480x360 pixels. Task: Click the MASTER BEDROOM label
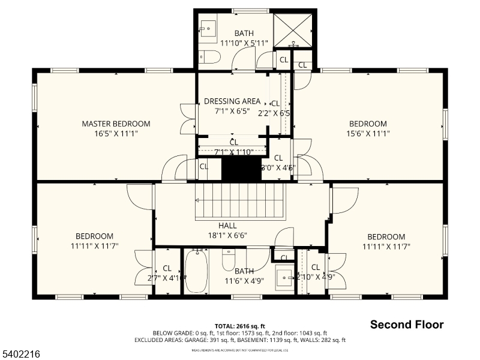tap(116, 124)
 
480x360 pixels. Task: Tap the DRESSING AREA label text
tap(232, 101)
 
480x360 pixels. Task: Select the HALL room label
tap(227, 226)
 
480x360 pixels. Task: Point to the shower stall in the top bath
tap(293, 29)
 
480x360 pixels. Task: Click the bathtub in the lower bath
tap(197, 271)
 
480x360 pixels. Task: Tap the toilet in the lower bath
tap(229, 260)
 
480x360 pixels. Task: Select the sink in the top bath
tap(208, 28)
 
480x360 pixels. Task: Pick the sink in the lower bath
tap(284, 277)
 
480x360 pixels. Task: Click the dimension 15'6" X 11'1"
tap(368, 134)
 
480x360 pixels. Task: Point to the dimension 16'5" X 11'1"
tap(116, 134)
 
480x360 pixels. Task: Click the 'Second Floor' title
tap(407, 325)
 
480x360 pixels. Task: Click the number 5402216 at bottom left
tap(22, 355)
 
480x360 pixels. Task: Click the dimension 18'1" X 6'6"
tap(227, 235)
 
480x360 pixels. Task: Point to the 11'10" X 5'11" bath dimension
tap(244, 43)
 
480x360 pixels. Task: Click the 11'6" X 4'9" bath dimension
tap(244, 281)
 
